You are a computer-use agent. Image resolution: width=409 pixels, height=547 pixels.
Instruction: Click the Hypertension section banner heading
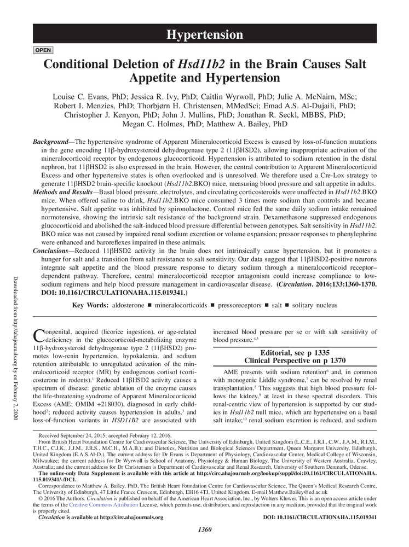click(205, 35)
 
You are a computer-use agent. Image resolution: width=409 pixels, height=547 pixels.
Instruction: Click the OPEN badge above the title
click(43, 50)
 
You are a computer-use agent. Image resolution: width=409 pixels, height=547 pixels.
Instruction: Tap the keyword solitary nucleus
click(315, 305)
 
